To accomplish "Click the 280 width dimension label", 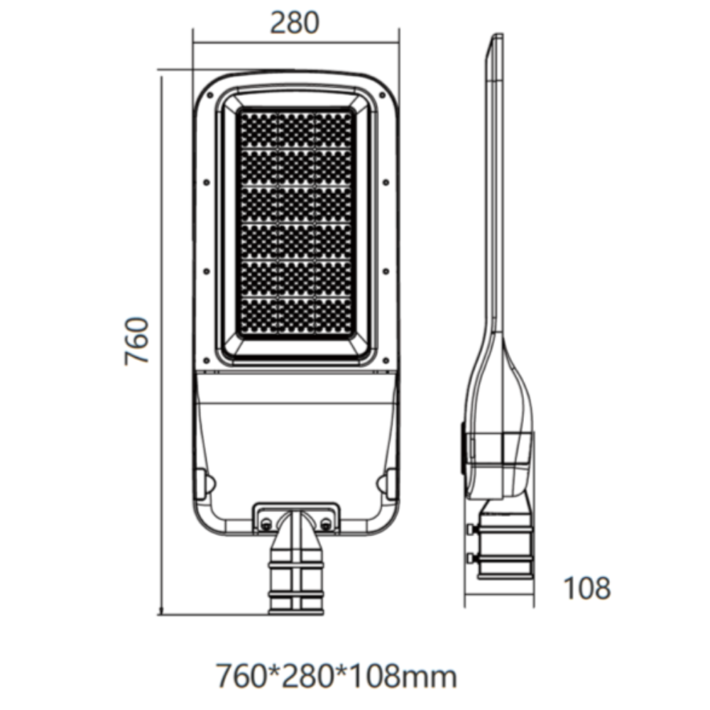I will pos(295,23).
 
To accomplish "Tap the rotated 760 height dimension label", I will pos(138,341).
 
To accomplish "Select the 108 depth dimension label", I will pos(586,588).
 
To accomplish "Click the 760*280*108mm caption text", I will pos(336,676).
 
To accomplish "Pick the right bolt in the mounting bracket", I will pos(326,524).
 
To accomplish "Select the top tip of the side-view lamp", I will pos(496,37).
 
